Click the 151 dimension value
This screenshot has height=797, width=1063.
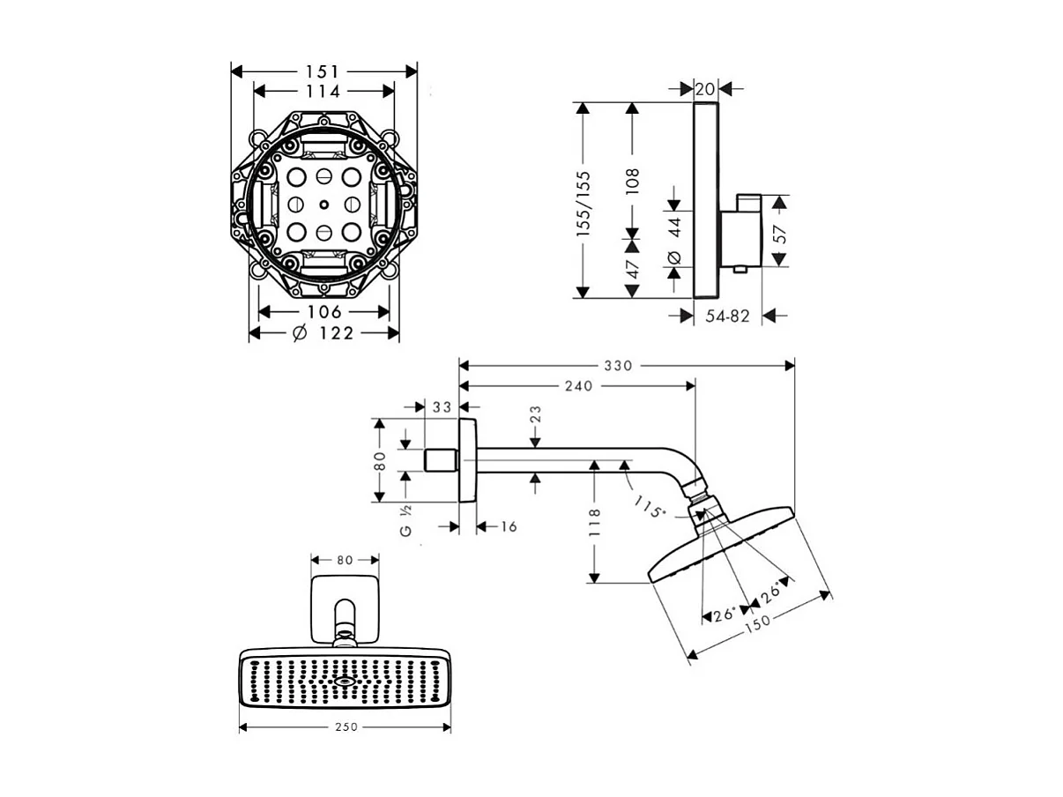322,72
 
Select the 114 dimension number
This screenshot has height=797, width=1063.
323,92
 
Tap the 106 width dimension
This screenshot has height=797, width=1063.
324,312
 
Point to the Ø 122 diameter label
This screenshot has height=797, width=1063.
323,333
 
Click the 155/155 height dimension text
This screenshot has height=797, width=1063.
584,204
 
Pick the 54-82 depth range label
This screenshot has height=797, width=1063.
727,317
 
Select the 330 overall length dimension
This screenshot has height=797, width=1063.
619,366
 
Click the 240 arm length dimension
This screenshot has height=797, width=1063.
579,386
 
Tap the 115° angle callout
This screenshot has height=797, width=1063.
648,505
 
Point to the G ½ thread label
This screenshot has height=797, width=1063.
405,521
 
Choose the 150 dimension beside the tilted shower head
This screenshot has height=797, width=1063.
757,623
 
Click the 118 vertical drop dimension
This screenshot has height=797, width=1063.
594,523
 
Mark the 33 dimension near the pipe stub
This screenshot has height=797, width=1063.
442,407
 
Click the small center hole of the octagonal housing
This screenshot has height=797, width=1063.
324,205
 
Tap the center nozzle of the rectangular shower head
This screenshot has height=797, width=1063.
345,682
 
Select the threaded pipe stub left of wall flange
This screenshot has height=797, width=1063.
442,460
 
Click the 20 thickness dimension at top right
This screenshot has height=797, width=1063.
705,89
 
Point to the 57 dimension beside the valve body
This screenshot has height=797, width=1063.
780,235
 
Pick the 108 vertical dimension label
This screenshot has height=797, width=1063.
632,182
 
